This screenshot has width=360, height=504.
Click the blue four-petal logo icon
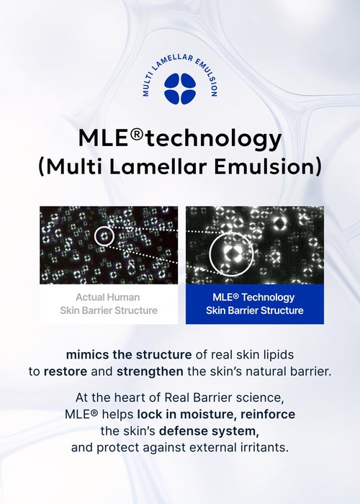click(x=180, y=89)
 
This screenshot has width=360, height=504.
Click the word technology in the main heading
click(x=213, y=139)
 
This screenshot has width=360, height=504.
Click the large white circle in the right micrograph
click(x=210, y=254)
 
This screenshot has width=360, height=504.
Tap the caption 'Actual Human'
click(x=108, y=297)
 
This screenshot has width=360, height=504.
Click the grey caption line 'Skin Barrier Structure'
click(x=109, y=310)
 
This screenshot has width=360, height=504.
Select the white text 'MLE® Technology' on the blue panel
click(x=253, y=297)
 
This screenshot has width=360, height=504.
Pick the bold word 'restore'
click(x=66, y=372)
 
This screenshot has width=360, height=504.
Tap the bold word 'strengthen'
click(x=150, y=372)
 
